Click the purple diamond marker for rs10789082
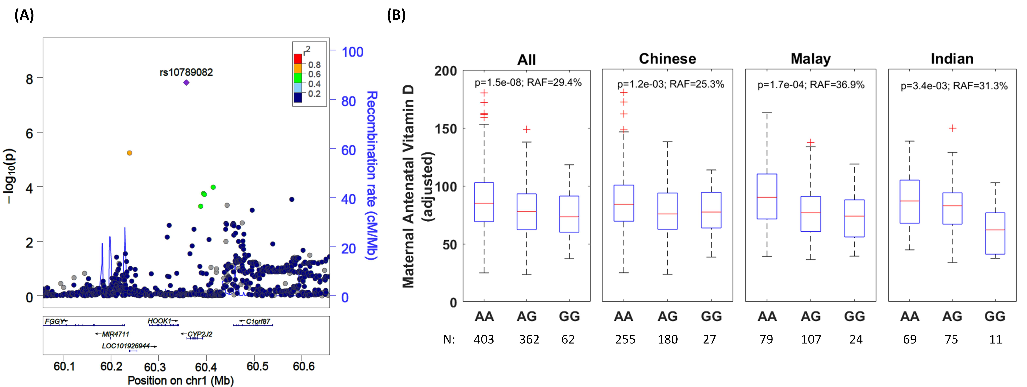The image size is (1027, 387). (x=186, y=83)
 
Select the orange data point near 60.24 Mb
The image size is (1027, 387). (x=129, y=153)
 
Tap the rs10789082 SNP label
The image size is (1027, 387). (x=186, y=72)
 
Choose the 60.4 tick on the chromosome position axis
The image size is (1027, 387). (x=206, y=366)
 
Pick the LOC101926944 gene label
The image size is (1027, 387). (x=126, y=346)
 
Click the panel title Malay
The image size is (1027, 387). (x=811, y=59)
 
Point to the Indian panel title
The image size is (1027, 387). (x=952, y=59)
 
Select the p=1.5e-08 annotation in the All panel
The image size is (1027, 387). (x=498, y=83)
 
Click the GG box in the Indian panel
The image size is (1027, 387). (x=995, y=233)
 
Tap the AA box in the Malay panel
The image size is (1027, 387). (x=767, y=196)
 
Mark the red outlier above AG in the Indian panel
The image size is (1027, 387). (x=952, y=128)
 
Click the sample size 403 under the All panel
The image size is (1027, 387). (x=484, y=340)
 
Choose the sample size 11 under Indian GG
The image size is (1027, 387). (x=995, y=340)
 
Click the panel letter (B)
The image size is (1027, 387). (x=396, y=15)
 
